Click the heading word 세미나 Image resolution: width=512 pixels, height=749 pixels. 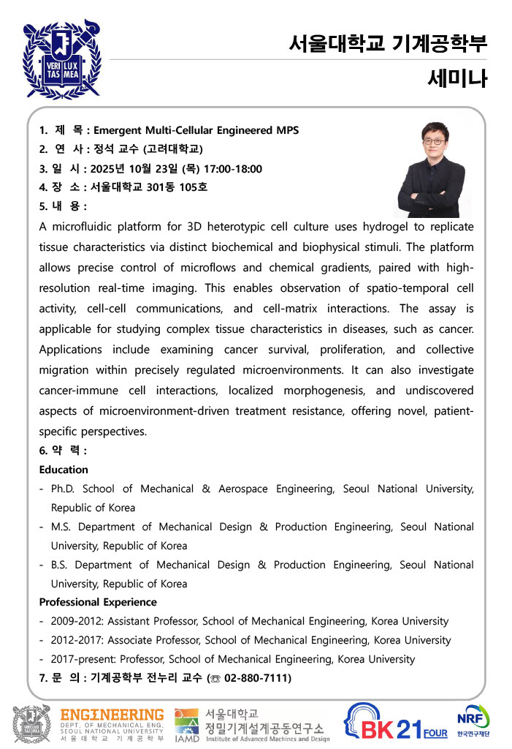[457, 78]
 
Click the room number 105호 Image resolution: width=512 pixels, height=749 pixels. [193, 187]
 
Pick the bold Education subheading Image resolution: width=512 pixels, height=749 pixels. [64, 470]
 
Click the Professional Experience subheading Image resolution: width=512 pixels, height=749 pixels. [98, 602]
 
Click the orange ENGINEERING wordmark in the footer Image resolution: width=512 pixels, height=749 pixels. [112, 714]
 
